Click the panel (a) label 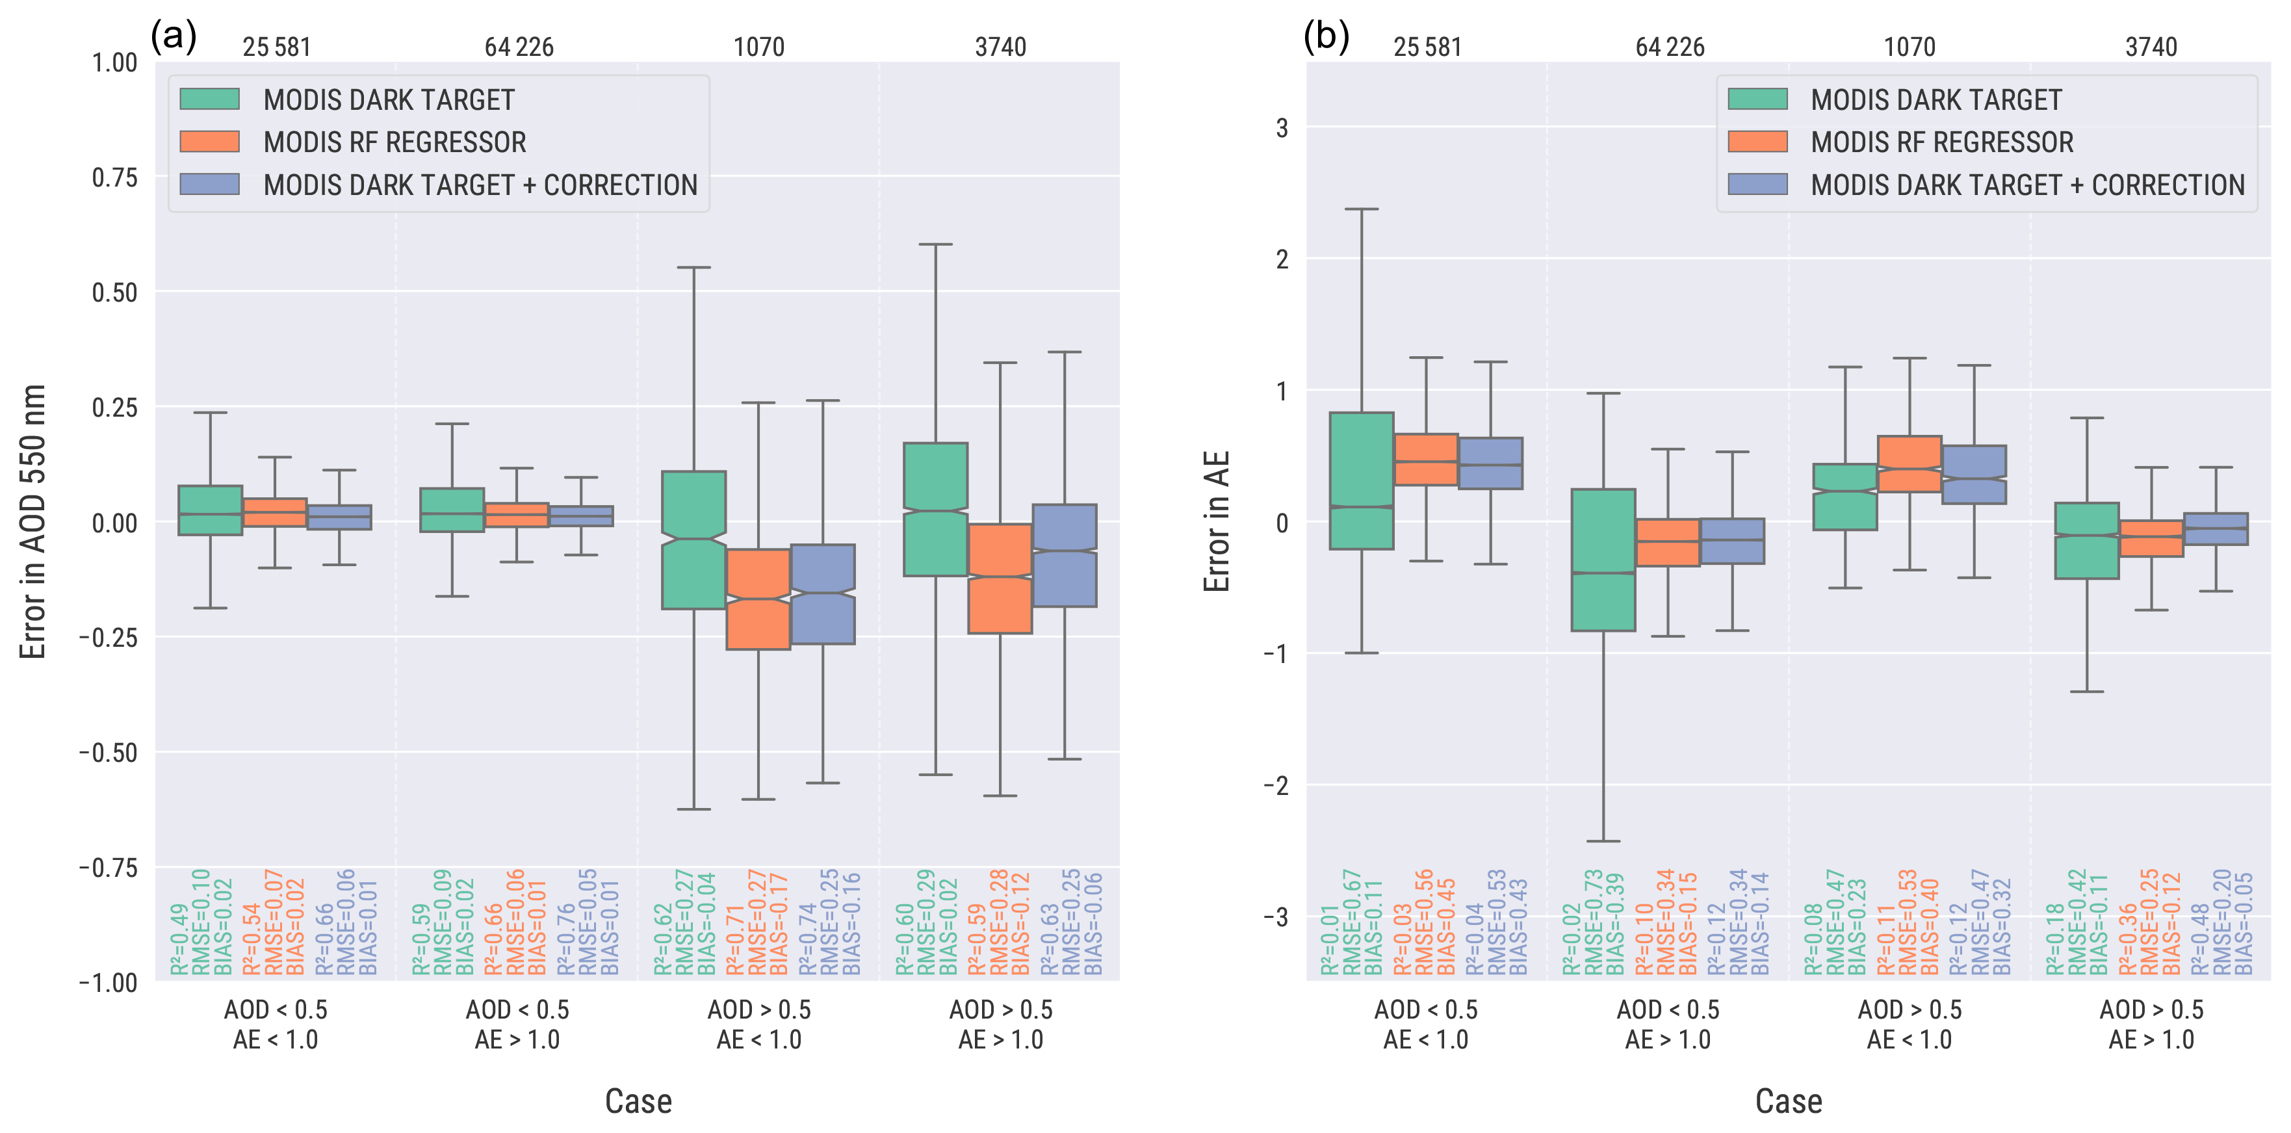pyautogui.click(x=174, y=36)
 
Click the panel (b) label pyautogui.click(x=1325, y=36)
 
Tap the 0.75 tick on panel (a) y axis pyautogui.click(x=115, y=177)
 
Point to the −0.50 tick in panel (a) pyautogui.click(x=109, y=752)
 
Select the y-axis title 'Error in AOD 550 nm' pyautogui.click(x=33, y=522)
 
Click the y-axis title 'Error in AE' pyautogui.click(x=1216, y=522)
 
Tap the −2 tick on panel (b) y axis pyautogui.click(x=1275, y=785)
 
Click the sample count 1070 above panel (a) pyautogui.click(x=758, y=47)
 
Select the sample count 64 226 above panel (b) pyautogui.click(x=1669, y=47)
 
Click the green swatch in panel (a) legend pyautogui.click(x=209, y=99)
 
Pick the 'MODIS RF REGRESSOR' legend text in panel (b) pyautogui.click(x=1941, y=142)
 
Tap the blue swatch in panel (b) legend pyautogui.click(x=1757, y=184)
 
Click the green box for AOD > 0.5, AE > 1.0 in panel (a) pyautogui.click(x=936, y=510)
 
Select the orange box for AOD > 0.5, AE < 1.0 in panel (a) pyautogui.click(x=758, y=599)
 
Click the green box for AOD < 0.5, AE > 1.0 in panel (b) pyautogui.click(x=1603, y=560)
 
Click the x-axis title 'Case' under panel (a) pyautogui.click(x=638, y=1101)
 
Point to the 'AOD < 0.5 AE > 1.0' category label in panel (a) pyautogui.click(x=517, y=1024)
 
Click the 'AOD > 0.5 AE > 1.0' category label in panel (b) pyautogui.click(x=2151, y=1024)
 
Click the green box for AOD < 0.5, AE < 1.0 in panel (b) pyautogui.click(x=1362, y=480)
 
